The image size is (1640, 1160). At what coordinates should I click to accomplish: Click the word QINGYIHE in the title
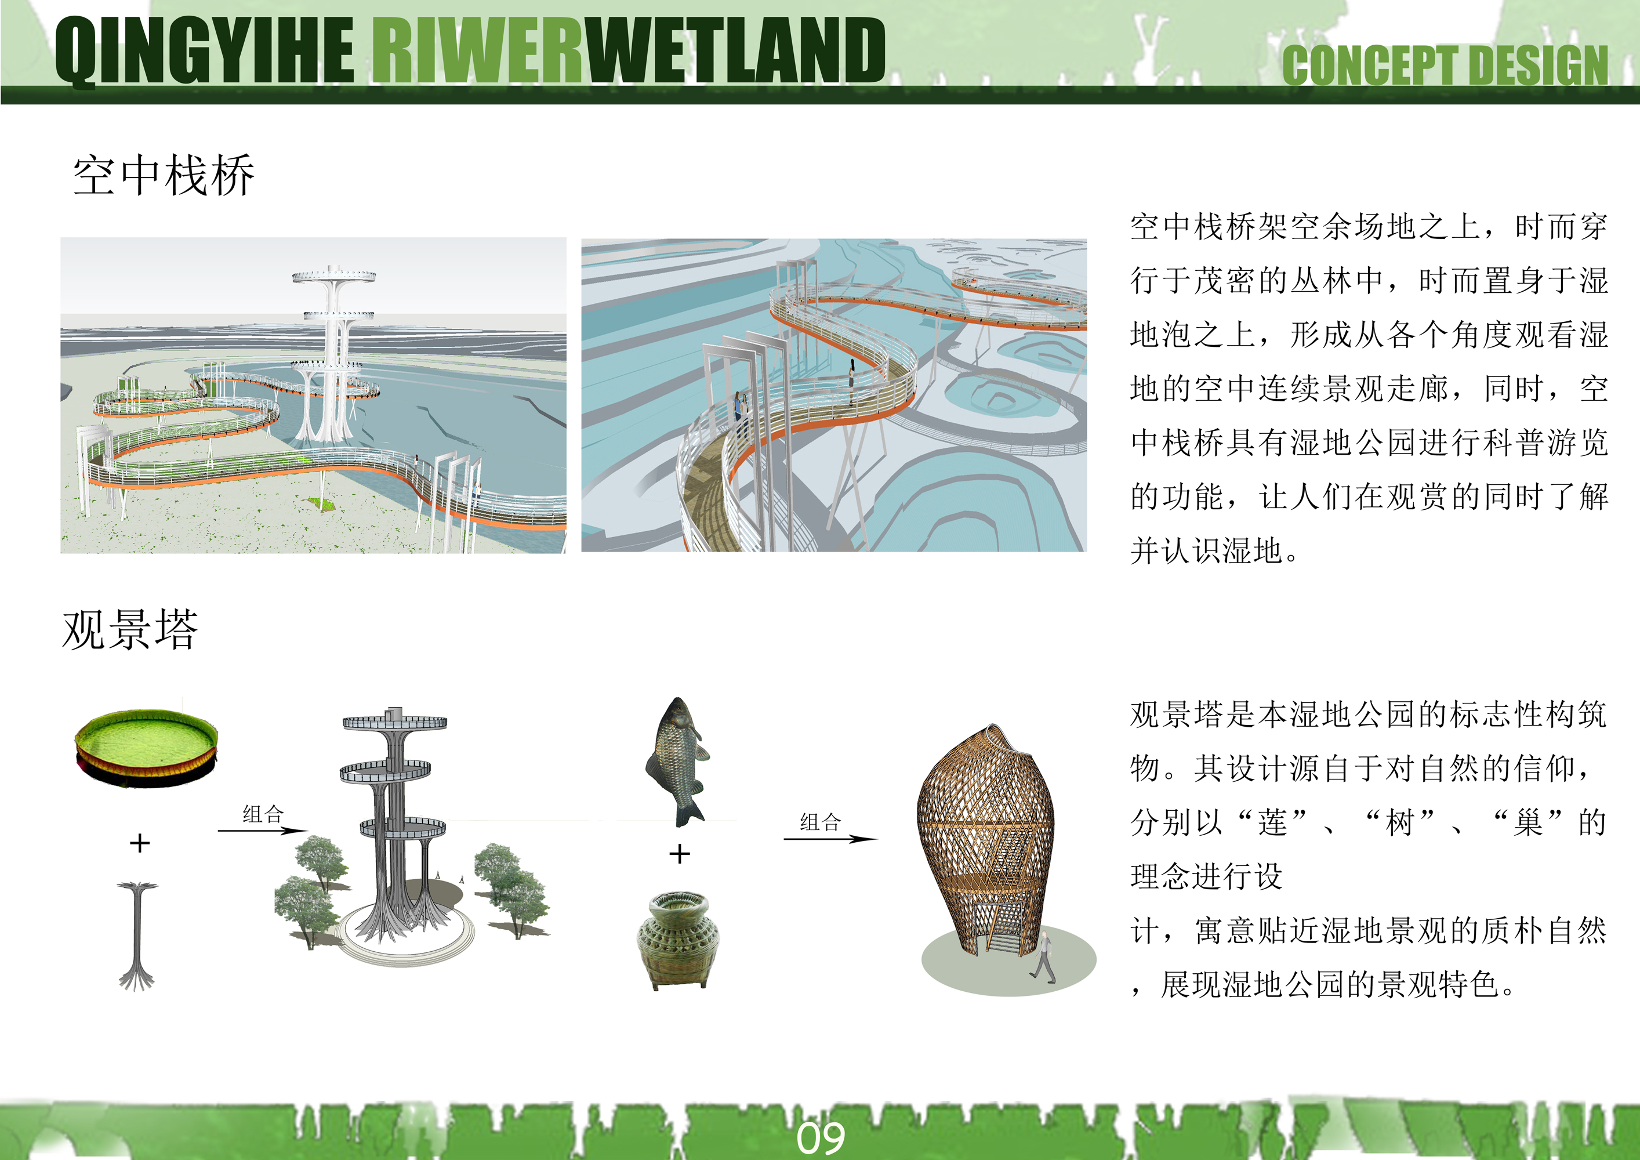pyautogui.click(x=206, y=50)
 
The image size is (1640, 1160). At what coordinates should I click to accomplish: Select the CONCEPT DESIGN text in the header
pyautogui.click(x=1445, y=65)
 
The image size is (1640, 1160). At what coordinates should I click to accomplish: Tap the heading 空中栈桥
pyautogui.click(x=164, y=175)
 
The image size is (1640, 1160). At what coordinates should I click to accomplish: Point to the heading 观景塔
pyautogui.click(x=130, y=629)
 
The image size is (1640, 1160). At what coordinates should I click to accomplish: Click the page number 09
pyautogui.click(x=821, y=1138)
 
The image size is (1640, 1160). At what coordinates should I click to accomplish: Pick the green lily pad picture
pyautogui.click(x=146, y=748)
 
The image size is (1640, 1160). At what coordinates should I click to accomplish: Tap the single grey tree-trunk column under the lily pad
pyautogui.click(x=138, y=936)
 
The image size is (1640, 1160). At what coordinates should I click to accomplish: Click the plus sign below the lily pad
pyautogui.click(x=140, y=843)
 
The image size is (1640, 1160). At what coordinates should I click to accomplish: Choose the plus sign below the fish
pyautogui.click(x=679, y=854)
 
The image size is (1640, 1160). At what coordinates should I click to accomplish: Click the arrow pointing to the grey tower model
pyautogui.click(x=262, y=831)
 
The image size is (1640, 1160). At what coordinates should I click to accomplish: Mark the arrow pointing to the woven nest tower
pyautogui.click(x=830, y=839)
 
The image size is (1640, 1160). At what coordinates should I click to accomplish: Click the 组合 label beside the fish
pyautogui.click(x=820, y=821)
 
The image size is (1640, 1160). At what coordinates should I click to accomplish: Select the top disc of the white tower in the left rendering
pyautogui.click(x=333, y=275)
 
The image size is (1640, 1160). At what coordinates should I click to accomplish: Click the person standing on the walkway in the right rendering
pyautogui.click(x=851, y=382)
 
